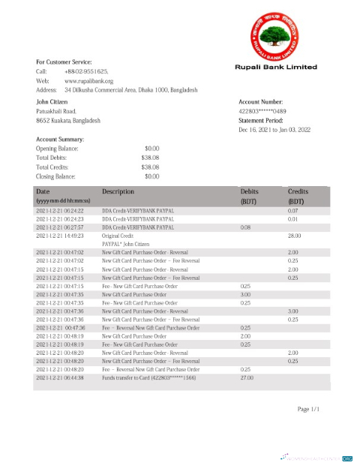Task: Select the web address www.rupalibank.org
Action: click(x=88, y=80)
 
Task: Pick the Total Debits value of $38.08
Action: click(x=150, y=158)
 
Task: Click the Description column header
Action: click(x=118, y=192)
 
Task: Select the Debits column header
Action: click(x=249, y=192)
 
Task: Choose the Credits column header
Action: click(x=298, y=192)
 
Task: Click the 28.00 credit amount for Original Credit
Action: click(x=294, y=236)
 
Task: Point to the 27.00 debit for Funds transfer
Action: click(x=246, y=377)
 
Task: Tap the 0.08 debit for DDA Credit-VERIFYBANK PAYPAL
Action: click(x=245, y=227)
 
